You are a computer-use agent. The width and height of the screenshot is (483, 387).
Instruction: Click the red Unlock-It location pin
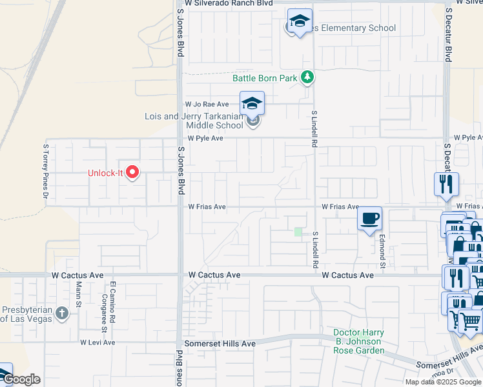[133, 172]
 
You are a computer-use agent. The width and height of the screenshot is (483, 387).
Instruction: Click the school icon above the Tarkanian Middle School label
[252, 103]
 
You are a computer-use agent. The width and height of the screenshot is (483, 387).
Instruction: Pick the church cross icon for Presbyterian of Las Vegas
[61, 313]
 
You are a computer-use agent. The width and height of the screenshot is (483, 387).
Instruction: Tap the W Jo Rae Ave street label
[207, 104]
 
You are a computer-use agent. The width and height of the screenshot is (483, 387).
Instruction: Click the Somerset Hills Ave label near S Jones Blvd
[220, 344]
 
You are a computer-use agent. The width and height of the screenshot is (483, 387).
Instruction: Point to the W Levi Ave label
[98, 342]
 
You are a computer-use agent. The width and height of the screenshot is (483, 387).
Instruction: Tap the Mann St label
[79, 293]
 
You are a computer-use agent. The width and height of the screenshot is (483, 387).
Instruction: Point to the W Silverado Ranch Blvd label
[228, 3]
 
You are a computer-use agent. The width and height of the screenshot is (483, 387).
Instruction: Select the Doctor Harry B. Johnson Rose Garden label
[359, 342]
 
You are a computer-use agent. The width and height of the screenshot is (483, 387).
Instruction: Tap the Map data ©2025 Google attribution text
[442, 382]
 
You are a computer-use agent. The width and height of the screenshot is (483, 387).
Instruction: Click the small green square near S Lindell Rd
[298, 232]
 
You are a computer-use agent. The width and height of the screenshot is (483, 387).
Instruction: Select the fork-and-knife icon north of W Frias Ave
[446, 184]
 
